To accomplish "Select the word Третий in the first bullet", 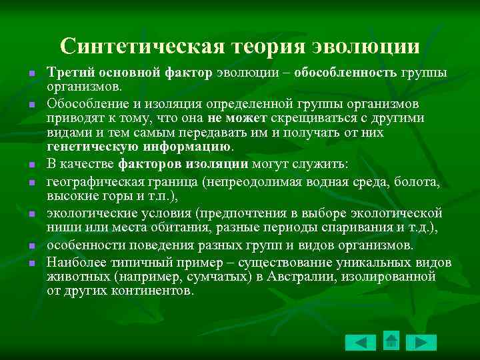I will coord(68,73).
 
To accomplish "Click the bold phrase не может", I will coord(237,119).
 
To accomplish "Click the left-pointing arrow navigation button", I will coord(361,343).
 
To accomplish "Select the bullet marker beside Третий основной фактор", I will coord(31,73).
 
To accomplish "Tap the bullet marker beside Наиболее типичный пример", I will coord(31,263).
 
